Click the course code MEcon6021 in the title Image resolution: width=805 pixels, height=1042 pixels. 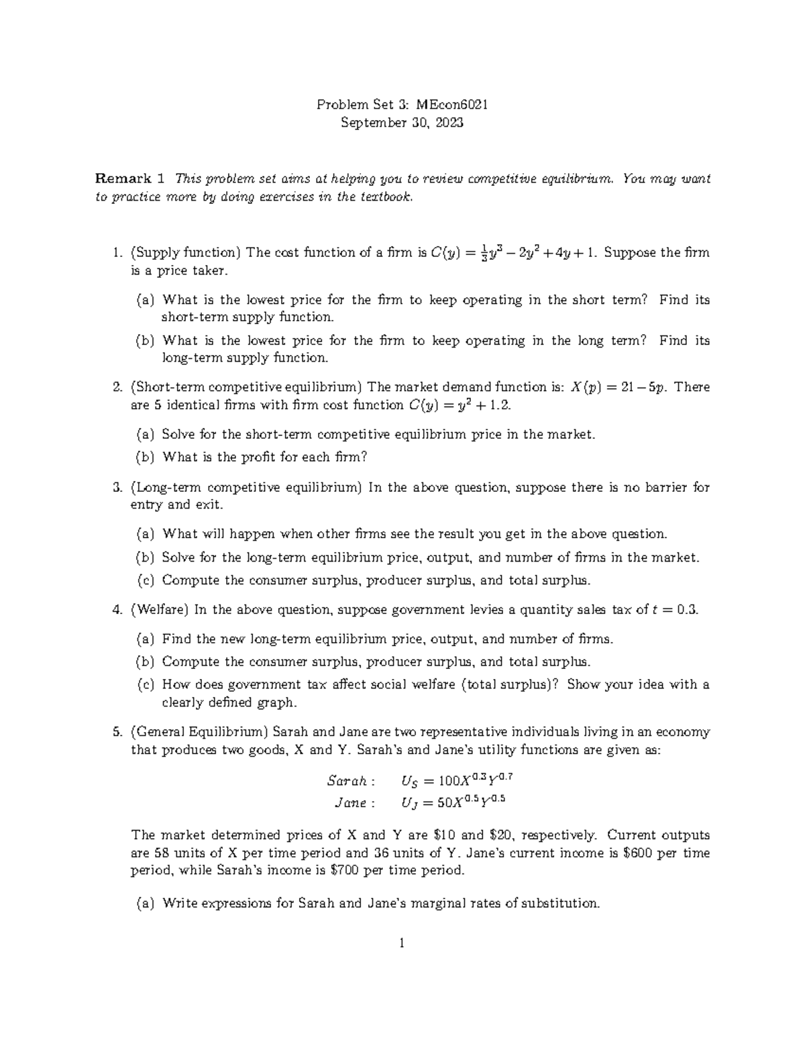tap(451, 105)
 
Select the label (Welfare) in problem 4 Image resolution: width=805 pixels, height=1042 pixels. tap(160, 610)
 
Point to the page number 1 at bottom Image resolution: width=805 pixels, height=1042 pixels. tap(402, 943)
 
